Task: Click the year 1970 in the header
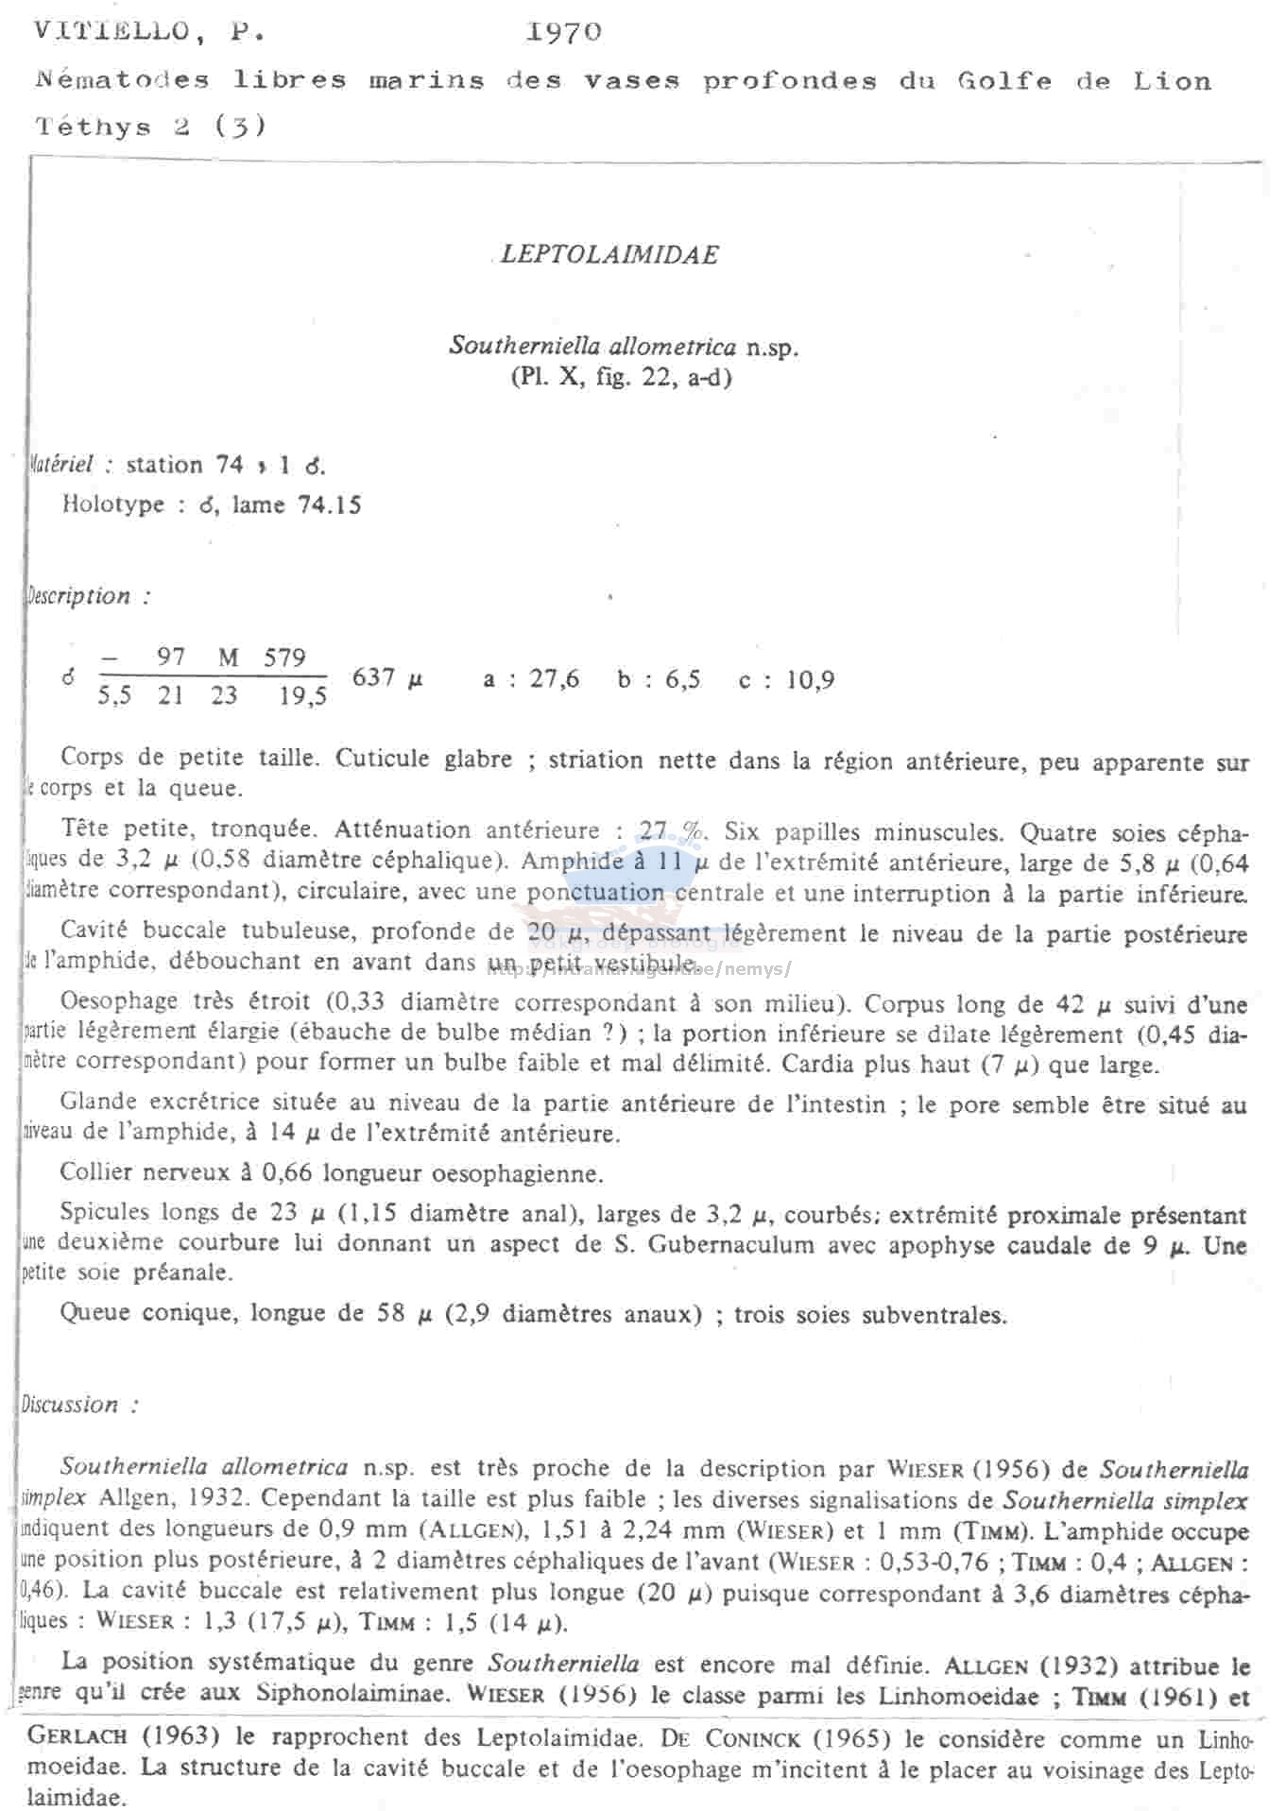click(563, 32)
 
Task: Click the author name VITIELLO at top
click(111, 32)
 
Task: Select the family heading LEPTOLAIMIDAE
click(609, 254)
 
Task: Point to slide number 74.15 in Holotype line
click(329, 504)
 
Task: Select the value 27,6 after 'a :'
click(555, 678)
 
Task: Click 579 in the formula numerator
click(284, 658)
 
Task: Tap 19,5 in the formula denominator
click(303, 697)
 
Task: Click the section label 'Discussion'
click(71, 1405)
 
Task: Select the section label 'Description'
click(79, 596)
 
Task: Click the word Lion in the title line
click(1172, 81)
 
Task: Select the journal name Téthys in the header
click(93, 127)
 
